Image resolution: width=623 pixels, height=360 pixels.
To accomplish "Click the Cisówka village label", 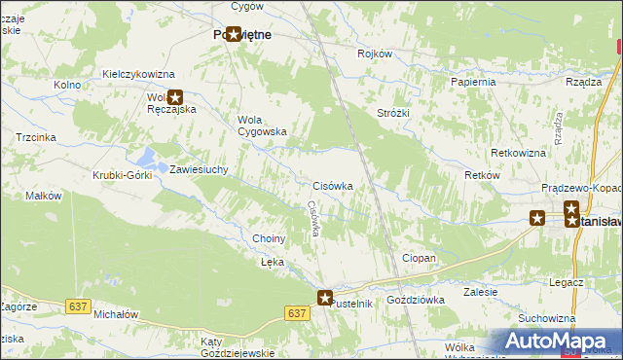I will click(x=332, y=185).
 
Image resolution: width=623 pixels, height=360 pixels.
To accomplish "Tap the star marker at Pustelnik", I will click(x=325, y=298).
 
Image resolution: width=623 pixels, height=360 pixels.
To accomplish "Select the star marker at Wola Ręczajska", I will click(x=175, y=96).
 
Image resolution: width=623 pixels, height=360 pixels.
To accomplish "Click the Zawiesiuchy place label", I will click(x=199, y=169).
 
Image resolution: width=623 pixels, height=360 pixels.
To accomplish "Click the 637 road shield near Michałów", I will click(x=79, y=307).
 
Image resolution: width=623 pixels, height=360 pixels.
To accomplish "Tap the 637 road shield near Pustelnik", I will click(x=298, y=313).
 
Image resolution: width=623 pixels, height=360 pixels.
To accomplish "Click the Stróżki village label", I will click(x=393, y=113).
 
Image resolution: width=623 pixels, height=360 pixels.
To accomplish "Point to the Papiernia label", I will click(x=473, y=82).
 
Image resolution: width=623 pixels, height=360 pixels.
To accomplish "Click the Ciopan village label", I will click(x=419, y=258).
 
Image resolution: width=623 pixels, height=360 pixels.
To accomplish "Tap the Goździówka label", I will click(x=416, y=301).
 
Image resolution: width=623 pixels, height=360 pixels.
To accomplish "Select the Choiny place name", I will click(x=269, y=238).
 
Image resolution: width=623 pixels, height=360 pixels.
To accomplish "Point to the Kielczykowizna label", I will click(x=138, y=74).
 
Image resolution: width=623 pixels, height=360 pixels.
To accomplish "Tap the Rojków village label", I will click(x=375, y=54).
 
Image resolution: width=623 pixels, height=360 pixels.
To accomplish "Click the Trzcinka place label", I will click(x=35, y=138).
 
